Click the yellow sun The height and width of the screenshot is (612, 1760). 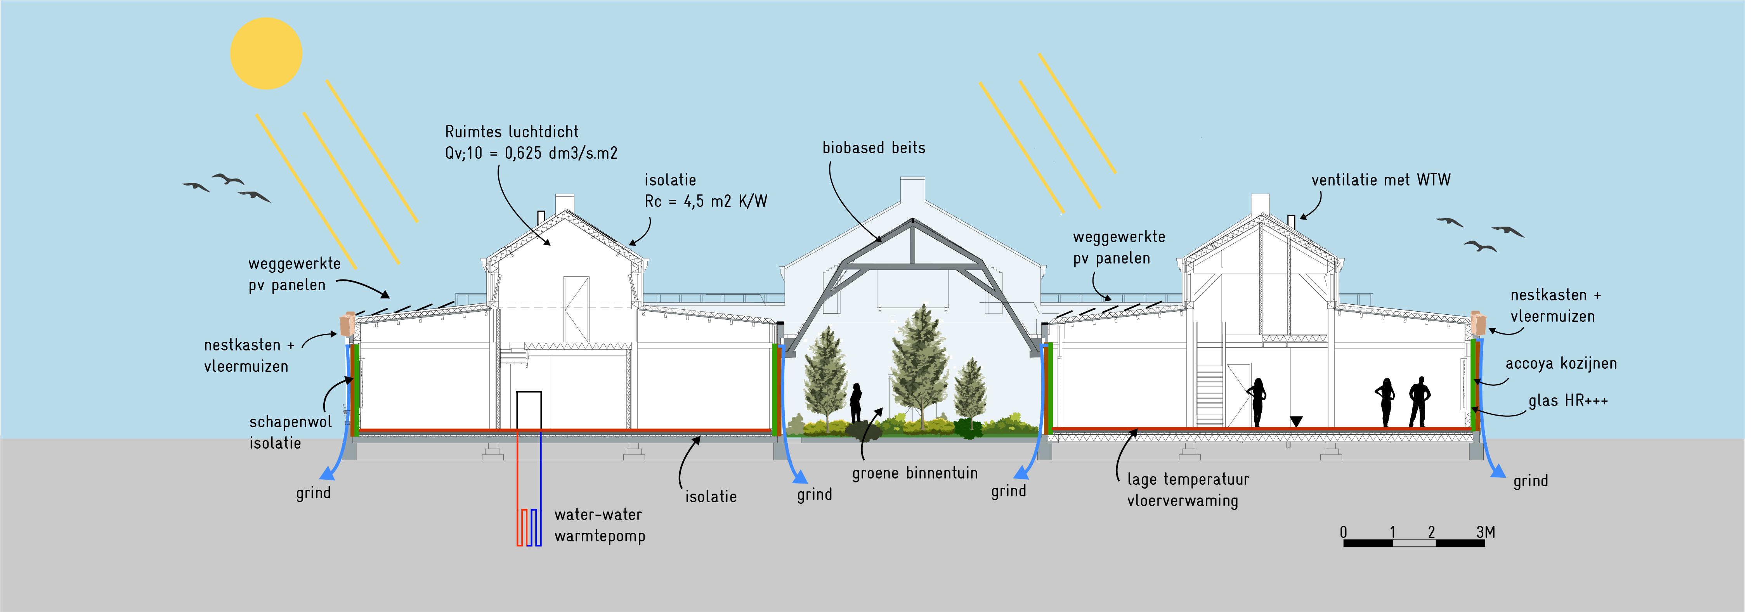[x=266, y=53]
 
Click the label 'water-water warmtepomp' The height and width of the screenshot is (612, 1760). [x=599, y=525]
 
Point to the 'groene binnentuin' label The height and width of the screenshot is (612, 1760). [x=914, y=473]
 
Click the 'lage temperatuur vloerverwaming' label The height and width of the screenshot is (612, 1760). [x=1188, y=490]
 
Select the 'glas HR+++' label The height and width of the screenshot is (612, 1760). [x=1568, y=400]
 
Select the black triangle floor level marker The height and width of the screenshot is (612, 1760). [x=1296, y=421]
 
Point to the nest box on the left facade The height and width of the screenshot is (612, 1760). [x=347, y=323]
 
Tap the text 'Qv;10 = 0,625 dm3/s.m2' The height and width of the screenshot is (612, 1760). [x=531, y=153]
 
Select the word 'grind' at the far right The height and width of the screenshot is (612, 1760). [x=1530, y=481]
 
